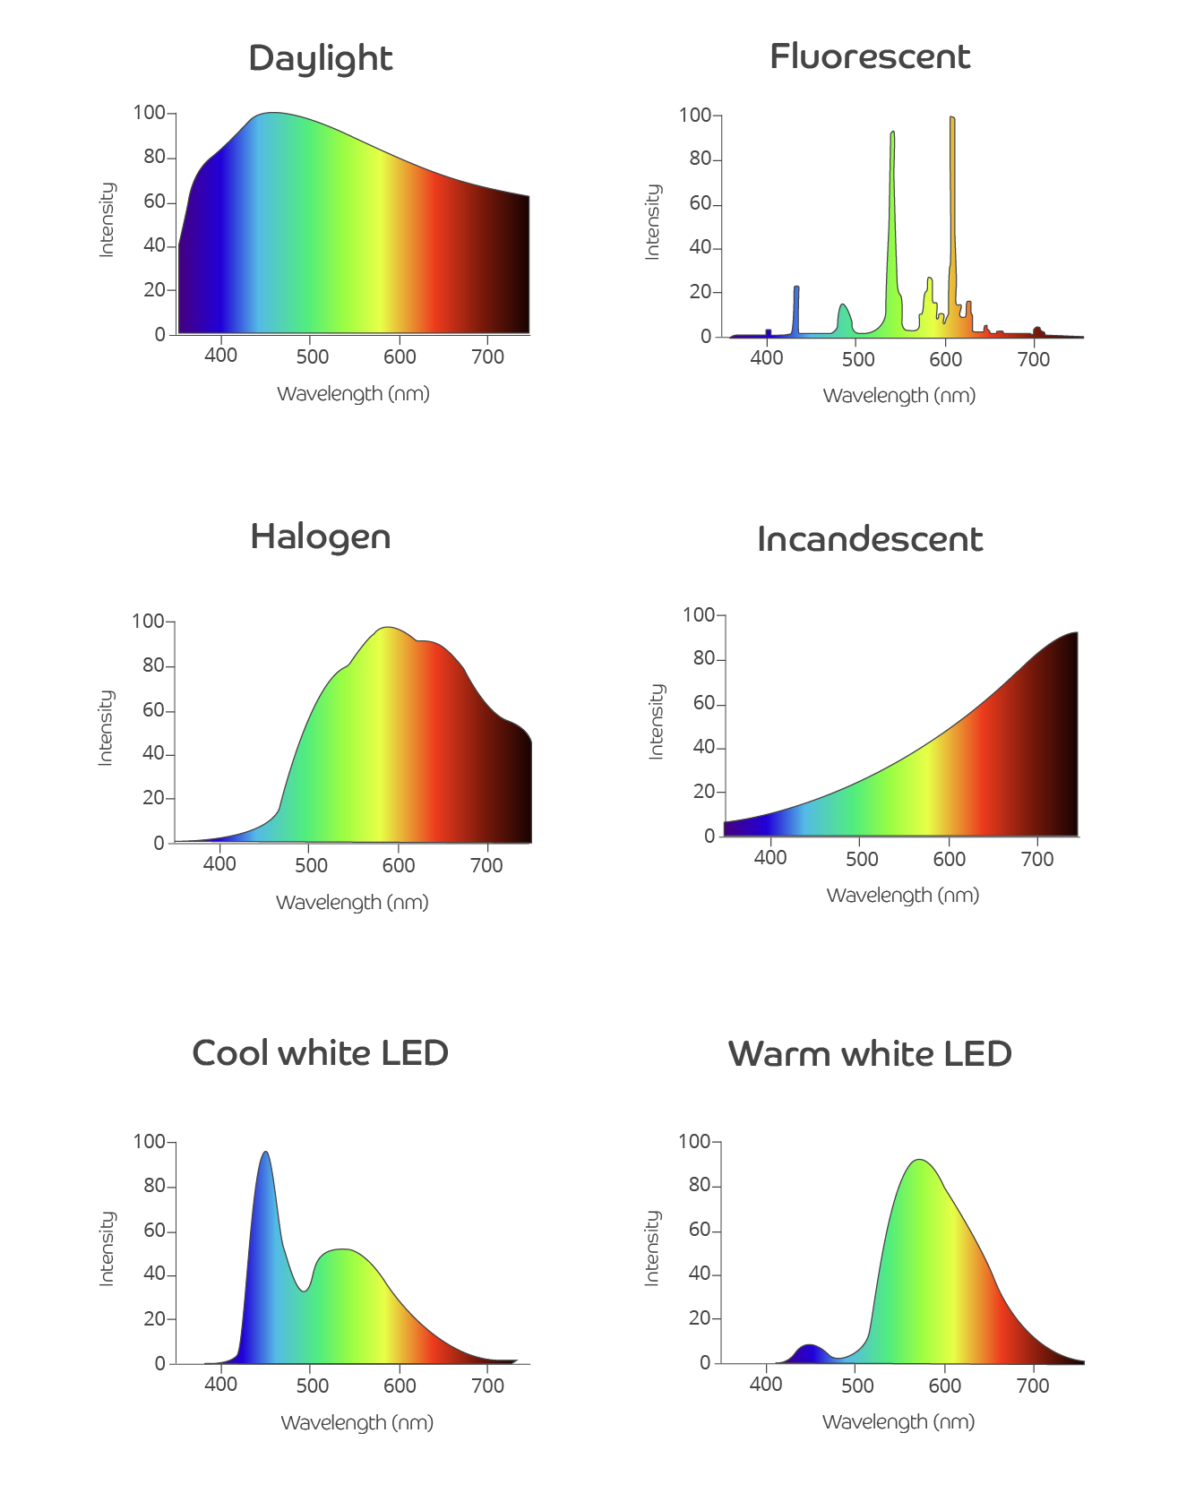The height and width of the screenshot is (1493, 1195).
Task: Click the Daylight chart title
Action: coord(320,59)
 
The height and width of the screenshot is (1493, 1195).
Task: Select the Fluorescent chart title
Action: coord(869,57)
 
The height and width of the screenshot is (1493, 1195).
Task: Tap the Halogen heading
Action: coord(320,537)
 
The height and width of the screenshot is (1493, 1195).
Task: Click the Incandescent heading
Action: coord(869,539)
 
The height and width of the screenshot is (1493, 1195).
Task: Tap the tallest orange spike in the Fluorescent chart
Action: coord(952,179)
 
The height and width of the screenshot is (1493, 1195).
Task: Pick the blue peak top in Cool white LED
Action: coord(265,1155)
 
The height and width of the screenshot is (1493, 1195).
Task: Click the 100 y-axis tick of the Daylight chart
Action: coord(149,113)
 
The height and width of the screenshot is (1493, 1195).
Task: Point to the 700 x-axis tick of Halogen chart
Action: coord(486,865)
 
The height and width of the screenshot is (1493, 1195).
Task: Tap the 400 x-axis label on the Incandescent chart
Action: coord(770,858)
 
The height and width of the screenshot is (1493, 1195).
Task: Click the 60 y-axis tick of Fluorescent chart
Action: coord(700,203)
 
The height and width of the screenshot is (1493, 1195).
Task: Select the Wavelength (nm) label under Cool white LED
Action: coord(357,1422)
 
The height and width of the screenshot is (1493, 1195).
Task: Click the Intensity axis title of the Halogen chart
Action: coord(106,727)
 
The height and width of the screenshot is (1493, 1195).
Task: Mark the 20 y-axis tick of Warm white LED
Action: coord(700,1318)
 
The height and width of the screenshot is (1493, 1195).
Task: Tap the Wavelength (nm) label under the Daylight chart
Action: coord(353,394)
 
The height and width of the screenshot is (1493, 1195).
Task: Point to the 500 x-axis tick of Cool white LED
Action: coord(312,1386)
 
